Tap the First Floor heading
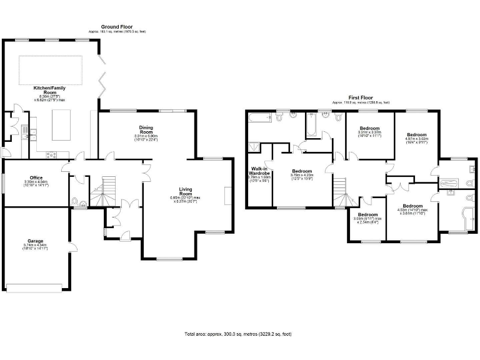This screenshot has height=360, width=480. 361,97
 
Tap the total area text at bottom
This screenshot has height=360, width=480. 238,335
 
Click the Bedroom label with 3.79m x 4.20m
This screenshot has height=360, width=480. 301,171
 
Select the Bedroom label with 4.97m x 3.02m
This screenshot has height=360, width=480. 416,135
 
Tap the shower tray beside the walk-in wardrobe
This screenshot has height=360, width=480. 254,148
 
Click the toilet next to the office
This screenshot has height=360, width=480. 75,201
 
